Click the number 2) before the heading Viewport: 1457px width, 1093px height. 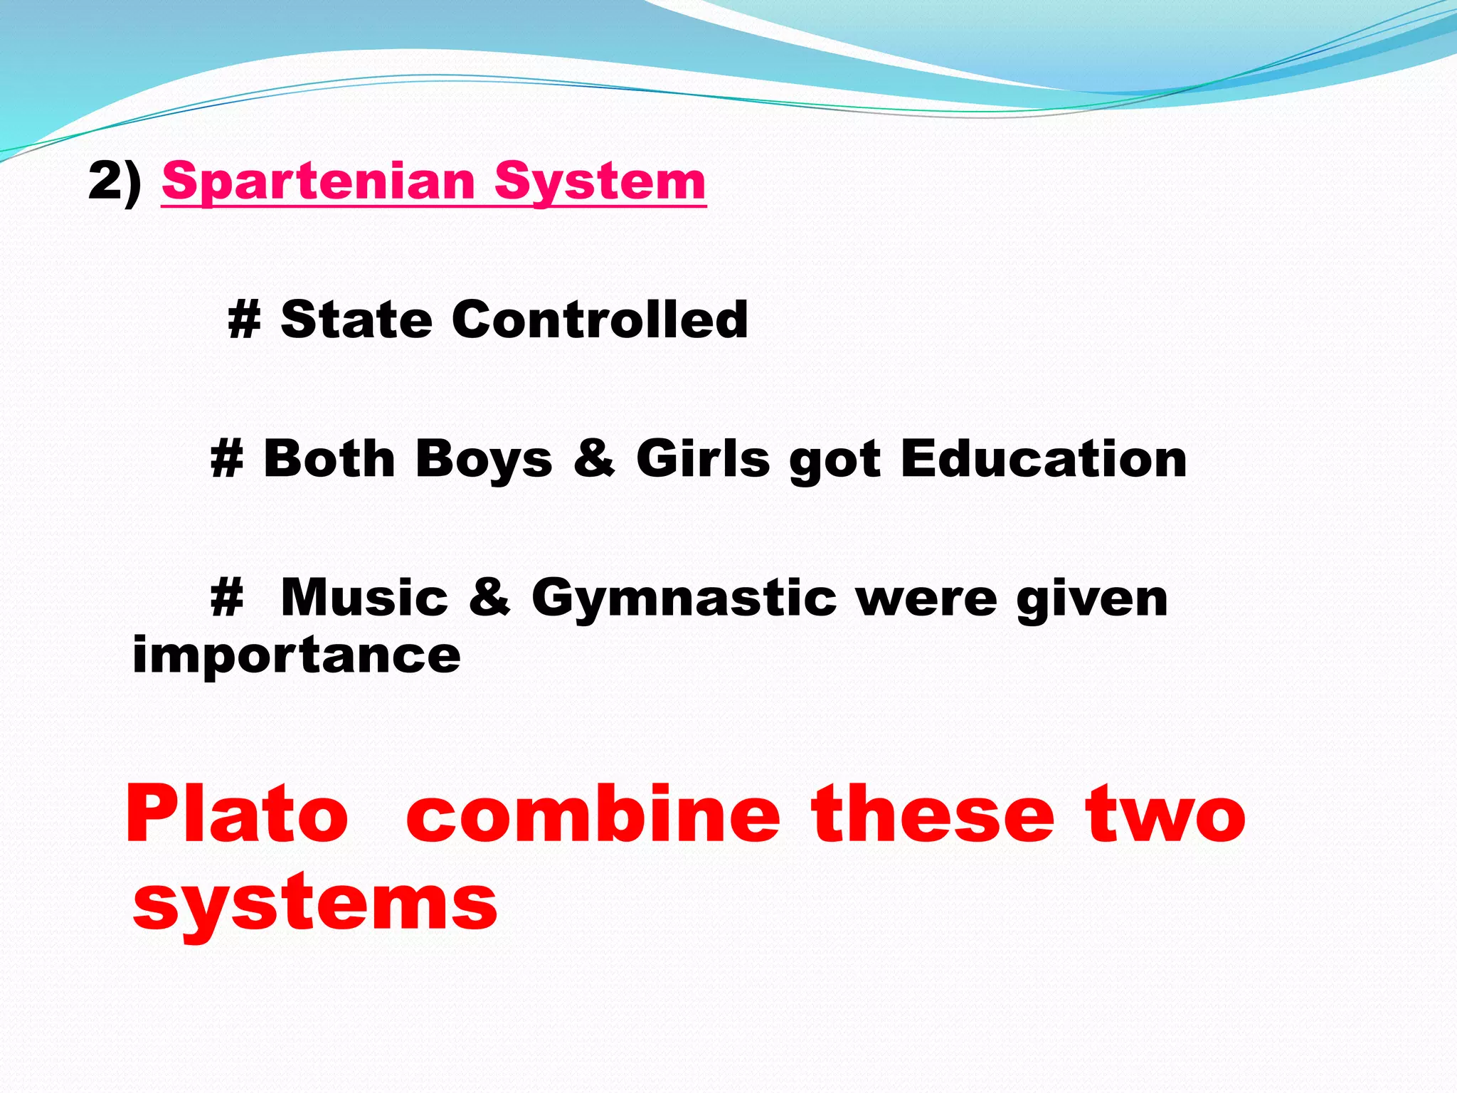tap(115, 181)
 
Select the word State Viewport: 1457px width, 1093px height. tap(356, 320)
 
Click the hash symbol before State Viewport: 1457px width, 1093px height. tap(244, 321)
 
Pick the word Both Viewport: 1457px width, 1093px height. tap(329, 458)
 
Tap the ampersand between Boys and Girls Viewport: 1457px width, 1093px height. tap(594, 458)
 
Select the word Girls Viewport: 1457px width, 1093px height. tap(703, 458)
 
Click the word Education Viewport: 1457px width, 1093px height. tap(1044, 458)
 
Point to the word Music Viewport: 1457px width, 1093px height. tap(364, 598)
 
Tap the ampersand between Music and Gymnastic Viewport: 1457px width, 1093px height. tap(489, 598)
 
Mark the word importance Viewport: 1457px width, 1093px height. tap(297, 655)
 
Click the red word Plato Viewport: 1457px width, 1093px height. tap(236, 815)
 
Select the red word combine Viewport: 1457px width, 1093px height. tap(593, 815)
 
